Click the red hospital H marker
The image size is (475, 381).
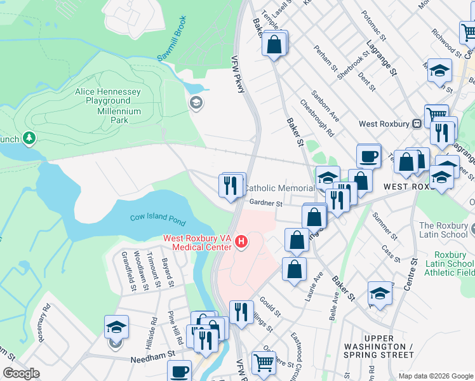(241, 242)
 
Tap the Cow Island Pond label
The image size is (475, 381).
(158, 220)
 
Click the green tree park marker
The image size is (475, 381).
(29, 138)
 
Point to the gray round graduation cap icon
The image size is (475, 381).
(196, 103)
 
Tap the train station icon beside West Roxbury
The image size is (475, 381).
(417, 124)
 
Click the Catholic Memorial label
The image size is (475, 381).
(279, 188)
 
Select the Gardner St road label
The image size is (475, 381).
(265, 203)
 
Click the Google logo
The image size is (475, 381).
(21, 373)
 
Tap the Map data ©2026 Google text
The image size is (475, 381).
(436, 376)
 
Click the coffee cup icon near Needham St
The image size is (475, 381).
(180, 370)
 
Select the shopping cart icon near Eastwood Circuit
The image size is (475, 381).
(264, 363)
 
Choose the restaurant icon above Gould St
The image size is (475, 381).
(241, 312)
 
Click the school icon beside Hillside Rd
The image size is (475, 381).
(117, 326)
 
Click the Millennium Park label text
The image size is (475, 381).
(110, 119)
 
